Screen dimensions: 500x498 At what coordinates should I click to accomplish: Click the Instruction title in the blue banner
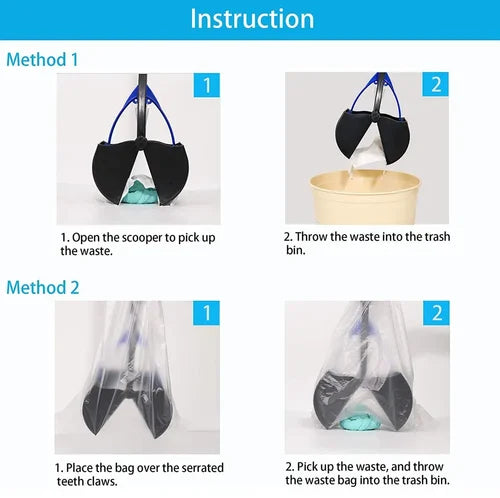(252, 19)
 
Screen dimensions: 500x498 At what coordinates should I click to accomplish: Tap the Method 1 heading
(42, 60)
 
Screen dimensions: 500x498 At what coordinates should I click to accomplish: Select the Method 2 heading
(43, 287)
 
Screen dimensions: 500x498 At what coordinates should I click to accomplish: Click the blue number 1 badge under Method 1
(207, 85)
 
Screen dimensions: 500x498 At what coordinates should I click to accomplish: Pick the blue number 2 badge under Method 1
(436, 84)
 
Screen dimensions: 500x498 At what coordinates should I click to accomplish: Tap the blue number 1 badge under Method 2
(206, 313)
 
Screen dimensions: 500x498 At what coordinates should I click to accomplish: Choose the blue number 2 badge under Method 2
(436, 313)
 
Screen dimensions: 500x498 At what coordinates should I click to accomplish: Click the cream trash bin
(365, 197)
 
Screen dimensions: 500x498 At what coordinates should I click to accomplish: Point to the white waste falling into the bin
(367, 157)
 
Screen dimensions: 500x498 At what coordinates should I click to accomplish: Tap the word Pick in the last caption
(306, 467)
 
